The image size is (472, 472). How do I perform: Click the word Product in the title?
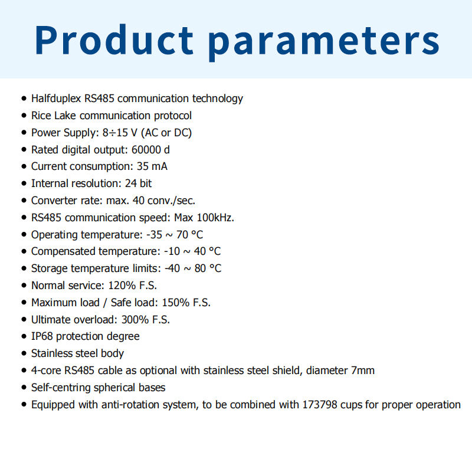[x=114, y=40]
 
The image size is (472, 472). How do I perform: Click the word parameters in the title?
[x=323, y=42]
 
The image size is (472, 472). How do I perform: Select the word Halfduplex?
[x=56, y=99]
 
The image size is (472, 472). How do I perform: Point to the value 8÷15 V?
[x=120, y=133]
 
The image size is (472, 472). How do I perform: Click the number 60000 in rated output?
[x=146, y=150]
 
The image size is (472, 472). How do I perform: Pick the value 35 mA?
[x=152, y=166]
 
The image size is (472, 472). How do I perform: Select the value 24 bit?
[x=138, y=183]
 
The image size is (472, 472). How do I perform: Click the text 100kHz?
[x=215, y=218]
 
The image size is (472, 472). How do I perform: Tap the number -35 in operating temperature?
[x=154, y=234]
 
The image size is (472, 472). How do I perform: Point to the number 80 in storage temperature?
[x=200, y=268]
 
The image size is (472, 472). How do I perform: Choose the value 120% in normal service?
[x=122, y=286]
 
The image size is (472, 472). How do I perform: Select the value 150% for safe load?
[x=175, y=303]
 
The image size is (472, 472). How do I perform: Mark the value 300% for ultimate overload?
[x=135, y=320]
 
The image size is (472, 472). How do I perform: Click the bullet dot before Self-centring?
[x=24, y=388]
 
